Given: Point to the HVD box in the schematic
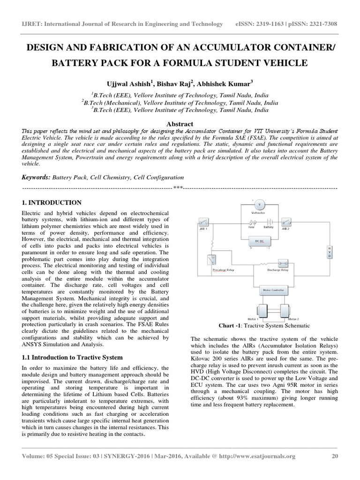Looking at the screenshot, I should click(329, 252).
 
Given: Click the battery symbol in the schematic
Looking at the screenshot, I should click(269, 222).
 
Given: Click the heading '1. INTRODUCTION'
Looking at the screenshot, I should click(52, 203).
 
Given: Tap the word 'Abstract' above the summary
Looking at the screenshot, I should click(180, 121).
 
